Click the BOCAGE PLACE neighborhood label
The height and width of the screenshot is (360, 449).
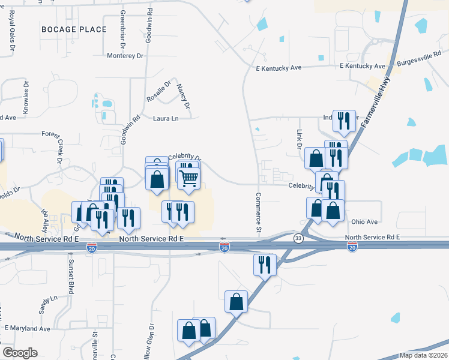coord(74,29)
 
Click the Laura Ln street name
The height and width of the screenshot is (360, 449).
coord(166,119)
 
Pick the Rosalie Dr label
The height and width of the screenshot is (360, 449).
coord(159,91)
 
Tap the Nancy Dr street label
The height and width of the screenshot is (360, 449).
coord(183,97)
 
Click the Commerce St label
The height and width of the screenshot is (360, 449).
coord(258,212)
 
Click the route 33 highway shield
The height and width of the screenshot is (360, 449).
coord(298,239)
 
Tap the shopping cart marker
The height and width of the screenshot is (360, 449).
coord(188,178)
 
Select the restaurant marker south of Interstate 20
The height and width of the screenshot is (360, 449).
coord(264,263)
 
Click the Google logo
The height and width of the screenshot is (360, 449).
coord(20,353)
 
